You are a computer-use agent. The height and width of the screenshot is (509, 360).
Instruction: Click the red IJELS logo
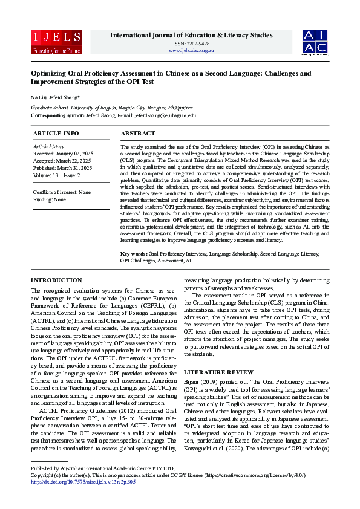[x=48, y=42]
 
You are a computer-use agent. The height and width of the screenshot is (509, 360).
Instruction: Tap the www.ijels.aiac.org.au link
[x=191, y=50]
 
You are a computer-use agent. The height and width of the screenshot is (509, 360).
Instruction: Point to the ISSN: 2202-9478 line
[x=191, y=44]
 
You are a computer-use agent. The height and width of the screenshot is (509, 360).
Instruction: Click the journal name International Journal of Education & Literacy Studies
[x=191, y=35]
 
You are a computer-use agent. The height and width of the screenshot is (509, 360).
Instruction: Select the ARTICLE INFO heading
[x=56, y=133]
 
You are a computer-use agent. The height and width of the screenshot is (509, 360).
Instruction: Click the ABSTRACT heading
[x=138, y=133]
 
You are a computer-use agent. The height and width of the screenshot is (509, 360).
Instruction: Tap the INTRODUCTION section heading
[x=57, y=280]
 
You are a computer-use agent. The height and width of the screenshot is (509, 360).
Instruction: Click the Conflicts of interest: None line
[x=62, y=192]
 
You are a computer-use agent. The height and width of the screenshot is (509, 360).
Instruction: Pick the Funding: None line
[x=50, y=199]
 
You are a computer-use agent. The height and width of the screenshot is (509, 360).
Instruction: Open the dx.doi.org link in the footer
[x=83, y=499]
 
